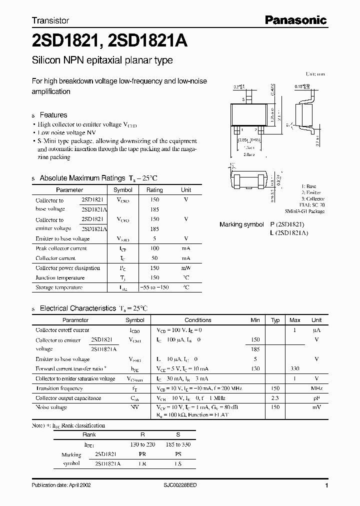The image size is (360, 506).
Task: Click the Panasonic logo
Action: click(295, 20)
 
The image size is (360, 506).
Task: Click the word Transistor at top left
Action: click(50, 21)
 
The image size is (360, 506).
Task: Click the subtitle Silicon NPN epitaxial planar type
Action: click(102, 60)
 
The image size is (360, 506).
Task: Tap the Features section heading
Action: click(53, 114)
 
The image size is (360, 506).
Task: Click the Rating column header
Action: click(154, 190)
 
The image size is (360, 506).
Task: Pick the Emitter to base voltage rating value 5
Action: click(154, 238)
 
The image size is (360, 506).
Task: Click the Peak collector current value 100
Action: click(154, 248)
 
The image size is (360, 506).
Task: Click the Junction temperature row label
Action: click(60, 277)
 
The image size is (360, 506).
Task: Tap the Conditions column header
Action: click(198, 320)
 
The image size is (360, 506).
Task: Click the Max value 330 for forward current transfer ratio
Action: click(295, 368)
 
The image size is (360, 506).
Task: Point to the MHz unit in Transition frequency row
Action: click(316, 388)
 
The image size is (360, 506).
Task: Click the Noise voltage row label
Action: click(51, 407)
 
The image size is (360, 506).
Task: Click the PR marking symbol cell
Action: click(142, 454)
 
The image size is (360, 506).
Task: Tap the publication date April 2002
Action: click(61, 485)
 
